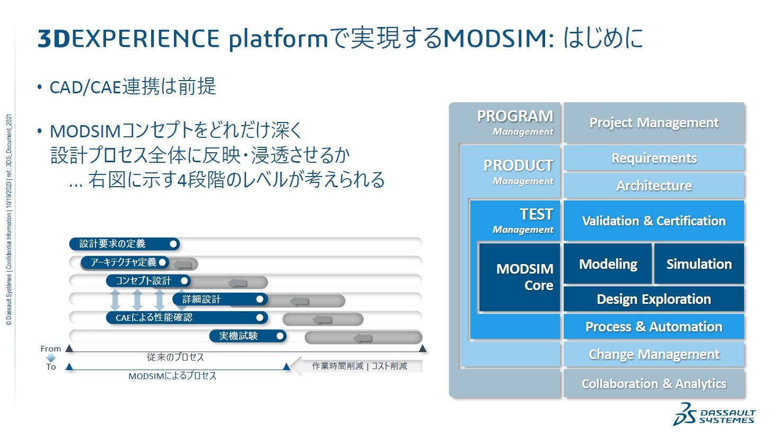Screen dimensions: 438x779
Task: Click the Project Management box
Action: (653, 123)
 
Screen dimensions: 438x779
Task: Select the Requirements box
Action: (653, 158)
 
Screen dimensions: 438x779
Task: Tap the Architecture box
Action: (653, 186)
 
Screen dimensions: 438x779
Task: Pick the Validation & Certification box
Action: (653, 221)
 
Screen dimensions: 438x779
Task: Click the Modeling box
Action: (608, 264)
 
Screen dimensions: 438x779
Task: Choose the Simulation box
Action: (698, 264)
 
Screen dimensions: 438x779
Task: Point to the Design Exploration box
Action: (653, 299)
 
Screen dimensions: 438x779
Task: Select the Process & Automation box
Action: (653, 327)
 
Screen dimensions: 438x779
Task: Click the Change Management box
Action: (653, 354)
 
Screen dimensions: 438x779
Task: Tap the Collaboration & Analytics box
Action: (653, 383)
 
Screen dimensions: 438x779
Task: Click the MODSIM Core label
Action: (524, 277)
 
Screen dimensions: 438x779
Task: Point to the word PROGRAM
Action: (514, 116)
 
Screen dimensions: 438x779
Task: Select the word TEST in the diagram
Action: (536, 214)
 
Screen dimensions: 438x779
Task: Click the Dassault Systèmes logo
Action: (714, 415)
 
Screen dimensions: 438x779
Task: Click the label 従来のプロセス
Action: (175, 357)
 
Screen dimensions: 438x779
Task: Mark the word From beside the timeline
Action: (50, 349)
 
